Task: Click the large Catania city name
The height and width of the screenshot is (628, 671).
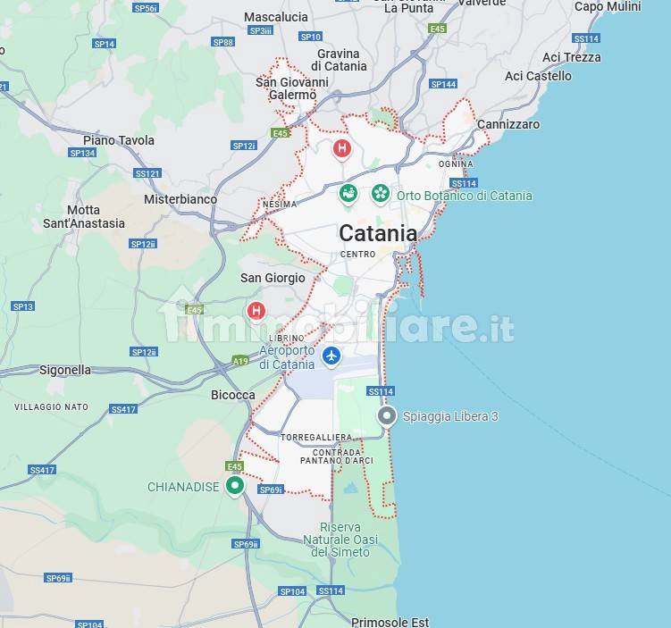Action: point(377,233)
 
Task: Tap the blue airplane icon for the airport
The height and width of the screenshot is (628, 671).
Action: point(331,356)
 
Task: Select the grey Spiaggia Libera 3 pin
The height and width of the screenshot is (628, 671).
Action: point(387,416)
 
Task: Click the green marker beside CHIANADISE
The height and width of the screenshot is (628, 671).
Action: point(235,485)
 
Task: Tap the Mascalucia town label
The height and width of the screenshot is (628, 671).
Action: point(275,17)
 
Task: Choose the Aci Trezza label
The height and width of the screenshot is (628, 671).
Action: point(571,57)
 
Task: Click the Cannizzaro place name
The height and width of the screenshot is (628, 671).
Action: point(508,124)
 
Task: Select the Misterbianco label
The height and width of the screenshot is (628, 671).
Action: point(180,199)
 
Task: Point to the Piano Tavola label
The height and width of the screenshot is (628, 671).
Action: point(119,140)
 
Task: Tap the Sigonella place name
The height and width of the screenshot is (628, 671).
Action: point(65,369)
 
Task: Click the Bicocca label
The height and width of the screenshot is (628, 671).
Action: point(232,395)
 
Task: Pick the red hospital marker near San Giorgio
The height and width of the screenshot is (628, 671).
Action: point(256,311)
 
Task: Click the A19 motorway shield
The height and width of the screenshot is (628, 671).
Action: point(240,361)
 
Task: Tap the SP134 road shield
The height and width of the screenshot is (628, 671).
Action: point(82,153)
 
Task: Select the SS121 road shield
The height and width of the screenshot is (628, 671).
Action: point(147,173)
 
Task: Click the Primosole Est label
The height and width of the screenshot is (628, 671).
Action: point(390,622)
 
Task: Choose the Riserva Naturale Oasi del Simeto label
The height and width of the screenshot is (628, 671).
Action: point(340,540)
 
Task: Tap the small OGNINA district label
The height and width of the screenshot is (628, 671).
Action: point(456,164)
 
